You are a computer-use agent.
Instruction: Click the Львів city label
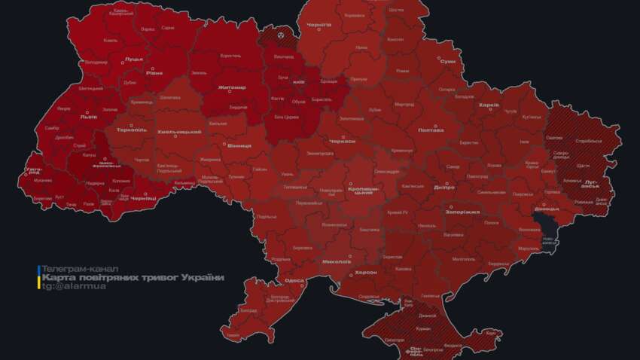click(89, 117)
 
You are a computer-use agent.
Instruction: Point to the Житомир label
click(232, 87)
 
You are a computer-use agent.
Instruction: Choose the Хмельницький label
click(178, 133)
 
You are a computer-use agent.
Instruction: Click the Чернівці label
click(142, 198)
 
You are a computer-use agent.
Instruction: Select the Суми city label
click(447, 61)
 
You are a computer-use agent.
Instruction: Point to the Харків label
click(489, 105)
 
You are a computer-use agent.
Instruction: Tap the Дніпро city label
click(444, 187)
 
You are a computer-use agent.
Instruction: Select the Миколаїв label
click(336, 261)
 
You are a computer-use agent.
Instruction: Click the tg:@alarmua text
click(73, 287)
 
